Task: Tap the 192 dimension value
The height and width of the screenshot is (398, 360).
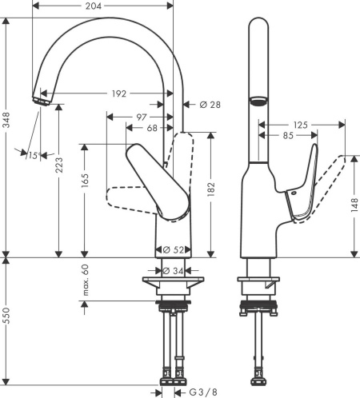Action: [x=118, y=94]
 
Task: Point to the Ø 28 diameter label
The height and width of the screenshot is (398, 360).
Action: [x=201, y=104]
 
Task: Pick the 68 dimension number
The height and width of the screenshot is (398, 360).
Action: [x=151, y=127]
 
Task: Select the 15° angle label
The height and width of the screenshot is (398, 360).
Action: [x=32, y=155]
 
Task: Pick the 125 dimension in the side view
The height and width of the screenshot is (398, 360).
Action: [x=301, y=125]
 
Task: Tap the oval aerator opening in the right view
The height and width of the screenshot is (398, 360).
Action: [x=258, y=101]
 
